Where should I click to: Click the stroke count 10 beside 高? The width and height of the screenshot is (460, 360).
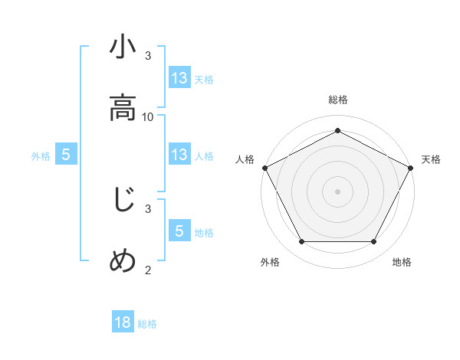[x=148, y=116]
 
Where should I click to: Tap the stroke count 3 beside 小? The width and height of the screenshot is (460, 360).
[x=148, y=56]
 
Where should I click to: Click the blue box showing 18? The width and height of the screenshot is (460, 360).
[x=123, y=322]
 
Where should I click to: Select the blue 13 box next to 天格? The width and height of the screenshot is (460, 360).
[x=179, y=77]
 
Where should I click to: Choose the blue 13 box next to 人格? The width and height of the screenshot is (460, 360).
[x=179, y=155]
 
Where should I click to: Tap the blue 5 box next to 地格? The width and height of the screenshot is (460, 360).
[x=179, y=231]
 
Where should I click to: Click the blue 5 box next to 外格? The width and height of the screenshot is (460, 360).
[x=66, y=155]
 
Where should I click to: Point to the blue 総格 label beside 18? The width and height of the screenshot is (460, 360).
[x=147, y=324]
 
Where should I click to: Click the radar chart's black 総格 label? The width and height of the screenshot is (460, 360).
[x=338, y=100]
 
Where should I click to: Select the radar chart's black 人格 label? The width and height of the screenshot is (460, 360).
[x=245, y=159]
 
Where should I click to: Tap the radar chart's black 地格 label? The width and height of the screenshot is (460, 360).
[x=402, y=263]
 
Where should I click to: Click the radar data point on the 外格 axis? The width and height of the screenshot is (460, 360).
[x=301, y=242]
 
